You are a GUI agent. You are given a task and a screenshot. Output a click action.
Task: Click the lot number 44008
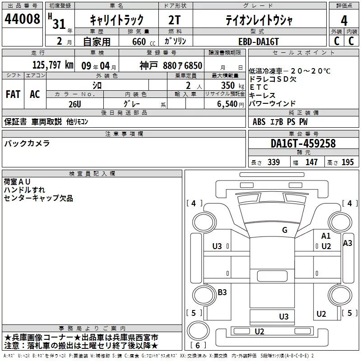click(22, 19)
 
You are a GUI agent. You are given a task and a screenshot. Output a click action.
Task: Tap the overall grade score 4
click(344, 20)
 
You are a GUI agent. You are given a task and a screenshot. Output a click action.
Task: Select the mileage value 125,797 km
click(53, 65)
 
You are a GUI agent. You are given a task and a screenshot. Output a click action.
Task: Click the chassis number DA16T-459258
click(303, 143)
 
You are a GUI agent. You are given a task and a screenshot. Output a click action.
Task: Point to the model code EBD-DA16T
click(259, 42)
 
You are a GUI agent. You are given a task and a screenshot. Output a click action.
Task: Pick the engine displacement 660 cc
click(143, 42)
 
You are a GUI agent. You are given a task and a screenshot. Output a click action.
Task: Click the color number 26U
click(75, 104)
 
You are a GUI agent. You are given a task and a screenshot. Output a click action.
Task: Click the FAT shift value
click(13, 94)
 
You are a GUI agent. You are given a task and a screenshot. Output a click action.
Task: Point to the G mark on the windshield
click(285, 230)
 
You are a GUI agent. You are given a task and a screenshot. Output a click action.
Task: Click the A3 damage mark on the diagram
click(347, 243)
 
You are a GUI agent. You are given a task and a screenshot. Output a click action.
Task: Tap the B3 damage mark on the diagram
click(222, 292)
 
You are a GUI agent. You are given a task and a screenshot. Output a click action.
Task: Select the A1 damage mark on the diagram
click(326, 236)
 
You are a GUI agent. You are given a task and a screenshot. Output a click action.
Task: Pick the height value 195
click(347, 162)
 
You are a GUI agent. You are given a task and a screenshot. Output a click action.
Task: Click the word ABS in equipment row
click(259, 122)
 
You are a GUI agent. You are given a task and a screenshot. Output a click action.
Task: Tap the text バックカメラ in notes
click(27, 143)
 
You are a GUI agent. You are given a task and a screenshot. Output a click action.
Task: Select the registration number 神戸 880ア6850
click(171, 66)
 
